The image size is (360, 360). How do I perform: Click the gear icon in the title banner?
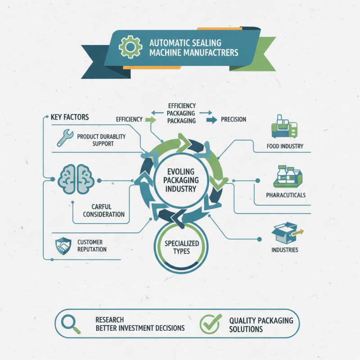[130, 47]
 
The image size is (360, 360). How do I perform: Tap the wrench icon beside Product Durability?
[65, 138]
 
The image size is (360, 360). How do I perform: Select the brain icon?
[76, 179]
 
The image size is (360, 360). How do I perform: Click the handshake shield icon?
[63, 246]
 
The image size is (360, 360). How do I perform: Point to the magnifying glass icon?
[71, 324]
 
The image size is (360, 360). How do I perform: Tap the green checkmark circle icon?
[210, 324]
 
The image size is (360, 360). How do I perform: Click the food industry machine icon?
[284, 126]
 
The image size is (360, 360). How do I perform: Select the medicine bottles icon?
[288, 176]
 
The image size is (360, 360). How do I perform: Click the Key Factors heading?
[70, 117]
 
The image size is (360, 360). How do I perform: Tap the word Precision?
[234, 119]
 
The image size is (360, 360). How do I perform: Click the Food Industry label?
[285, 146]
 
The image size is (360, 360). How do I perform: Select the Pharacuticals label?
[286, 195]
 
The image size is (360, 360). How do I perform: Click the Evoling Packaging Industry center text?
[181, 180]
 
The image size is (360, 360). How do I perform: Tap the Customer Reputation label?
[92, 246]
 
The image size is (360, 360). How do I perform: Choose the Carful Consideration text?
[104, 210]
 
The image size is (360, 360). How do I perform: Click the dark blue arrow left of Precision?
[211, 120]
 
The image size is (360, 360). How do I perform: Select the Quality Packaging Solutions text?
[261, 324]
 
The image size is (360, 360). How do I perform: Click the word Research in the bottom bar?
[109, 319]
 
